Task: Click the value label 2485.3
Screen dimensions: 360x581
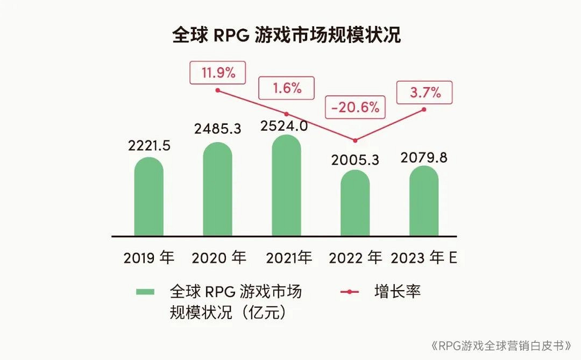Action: [x=217, y=129]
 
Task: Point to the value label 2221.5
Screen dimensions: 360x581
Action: [x=149, y=145]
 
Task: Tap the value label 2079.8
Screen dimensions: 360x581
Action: [x=424, y=158]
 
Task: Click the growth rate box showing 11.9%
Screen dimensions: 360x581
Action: [x=217, y=73]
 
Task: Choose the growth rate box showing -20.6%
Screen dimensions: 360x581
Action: [x=355, y=108]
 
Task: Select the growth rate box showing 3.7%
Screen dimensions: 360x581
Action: [x=424, y=93]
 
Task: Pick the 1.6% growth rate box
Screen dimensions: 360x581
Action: [x=286, y=88]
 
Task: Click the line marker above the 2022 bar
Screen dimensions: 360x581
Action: [x=355, y=141]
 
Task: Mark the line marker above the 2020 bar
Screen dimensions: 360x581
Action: [x=217, y=90]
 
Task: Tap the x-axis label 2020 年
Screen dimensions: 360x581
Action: [x=218, y=258]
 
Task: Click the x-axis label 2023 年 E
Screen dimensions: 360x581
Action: [x=424, y=258]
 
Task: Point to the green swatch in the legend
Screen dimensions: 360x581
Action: [x=145, y=292]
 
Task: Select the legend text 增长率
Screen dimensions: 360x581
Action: [x=398, y=292]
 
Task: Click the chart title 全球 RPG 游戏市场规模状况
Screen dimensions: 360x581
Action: [x=286, y=36]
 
